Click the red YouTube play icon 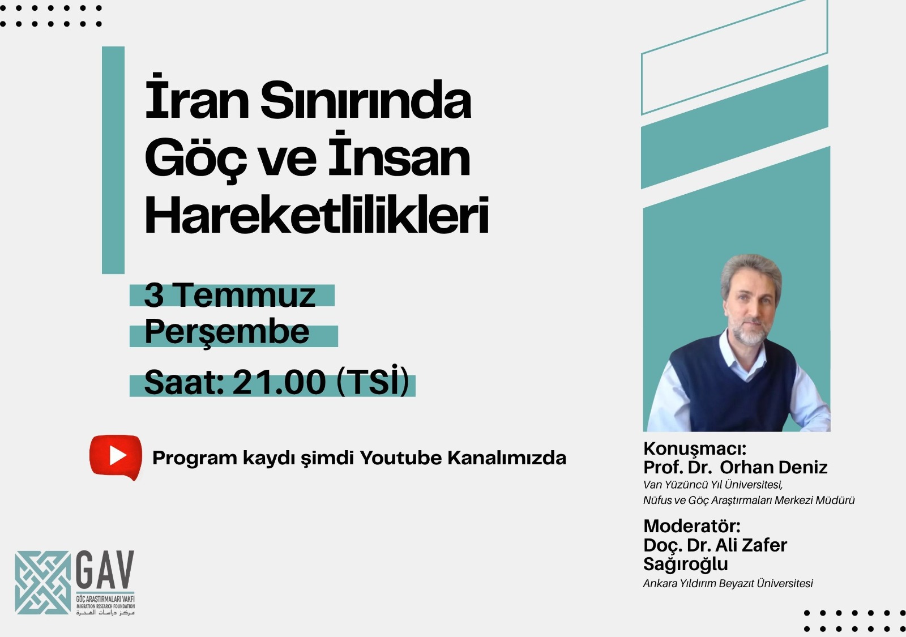116,457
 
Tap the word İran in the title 197,97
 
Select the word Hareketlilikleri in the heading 317,215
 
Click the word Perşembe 227,332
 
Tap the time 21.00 279,382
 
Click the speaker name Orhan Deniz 773,468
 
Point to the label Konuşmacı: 695,450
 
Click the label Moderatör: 692,526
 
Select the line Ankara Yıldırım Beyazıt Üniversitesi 728,584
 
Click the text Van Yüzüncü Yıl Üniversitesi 713,485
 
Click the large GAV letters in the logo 105,570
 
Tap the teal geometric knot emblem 42,583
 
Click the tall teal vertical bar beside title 113,160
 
